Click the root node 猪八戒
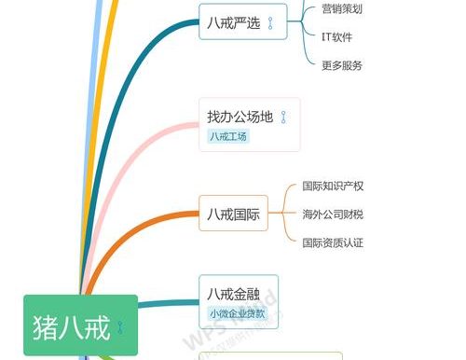70,327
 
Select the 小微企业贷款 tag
237,314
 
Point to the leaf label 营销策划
341,9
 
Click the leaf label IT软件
336,37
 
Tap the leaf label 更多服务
341,65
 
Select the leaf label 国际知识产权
333,187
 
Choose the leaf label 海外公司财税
333,215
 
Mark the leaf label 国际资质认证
333,242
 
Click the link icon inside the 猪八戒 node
119,327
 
